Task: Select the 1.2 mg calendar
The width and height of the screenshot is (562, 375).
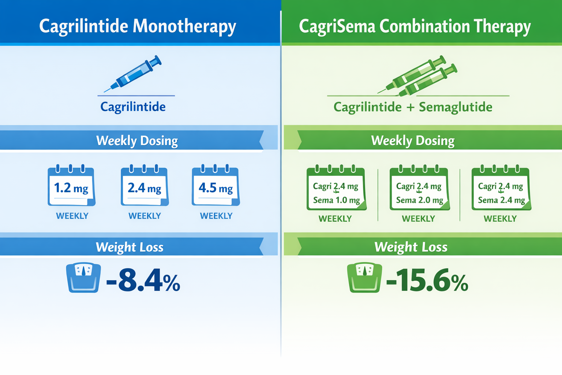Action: [x=71, y=187]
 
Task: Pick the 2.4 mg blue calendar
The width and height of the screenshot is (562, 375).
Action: [x=145, y=187]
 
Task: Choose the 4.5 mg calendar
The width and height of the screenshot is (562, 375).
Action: [x=216, y=187]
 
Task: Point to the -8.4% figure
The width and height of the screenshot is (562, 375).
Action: [x=143, y=281]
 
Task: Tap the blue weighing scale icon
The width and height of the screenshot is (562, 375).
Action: [x=83, y=277]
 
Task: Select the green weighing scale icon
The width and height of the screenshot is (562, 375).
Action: [x=364, y=277]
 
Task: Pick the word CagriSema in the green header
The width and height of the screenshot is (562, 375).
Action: [x=337, y=27]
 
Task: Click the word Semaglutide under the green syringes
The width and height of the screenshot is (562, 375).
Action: [x=456, y=107]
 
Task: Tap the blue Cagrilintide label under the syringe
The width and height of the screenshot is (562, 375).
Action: [x=133, y=107]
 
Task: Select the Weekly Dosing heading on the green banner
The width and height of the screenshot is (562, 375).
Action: [x=413, y=141]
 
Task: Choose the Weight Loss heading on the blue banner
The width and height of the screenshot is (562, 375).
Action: [x=130, y=247]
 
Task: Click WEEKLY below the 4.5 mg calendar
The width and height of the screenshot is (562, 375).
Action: [x=216, y=216]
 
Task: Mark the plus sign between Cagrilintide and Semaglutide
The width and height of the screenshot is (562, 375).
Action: [x=410, y=108]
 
